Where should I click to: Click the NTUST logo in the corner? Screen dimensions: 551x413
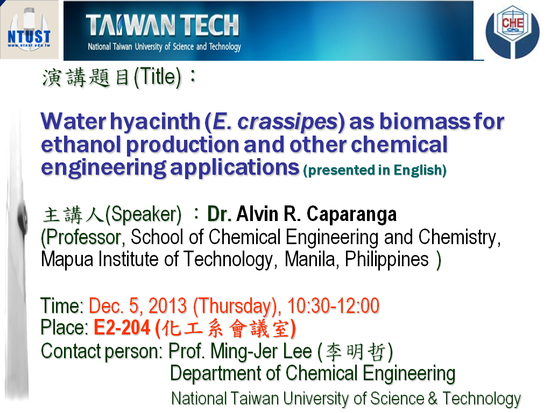(x=30, y=30)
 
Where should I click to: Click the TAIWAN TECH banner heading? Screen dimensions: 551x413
(x=163, y=25)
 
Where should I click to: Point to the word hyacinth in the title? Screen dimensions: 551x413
(x=155, y=122)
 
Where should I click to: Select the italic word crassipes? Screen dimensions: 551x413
(x=287, y=122)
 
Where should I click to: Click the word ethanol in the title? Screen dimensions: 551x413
(x=81, y=145)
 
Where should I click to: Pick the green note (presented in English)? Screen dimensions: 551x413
(x=375, y=170)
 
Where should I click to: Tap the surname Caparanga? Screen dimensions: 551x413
(x=351, y=214)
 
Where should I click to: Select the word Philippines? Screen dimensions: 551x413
(x=386, y=260)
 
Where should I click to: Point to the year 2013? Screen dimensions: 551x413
(x=167, y=305)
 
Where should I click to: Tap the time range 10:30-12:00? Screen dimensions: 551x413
(x=333, y=305)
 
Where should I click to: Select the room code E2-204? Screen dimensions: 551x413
(x=122, y=327)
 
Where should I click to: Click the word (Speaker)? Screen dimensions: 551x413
(x=143, y=215)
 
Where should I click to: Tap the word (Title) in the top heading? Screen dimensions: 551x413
(x=157, y=77)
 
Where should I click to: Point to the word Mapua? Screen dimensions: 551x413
(x=67, y=260)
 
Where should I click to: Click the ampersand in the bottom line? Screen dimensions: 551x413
(x=433, y=398)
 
